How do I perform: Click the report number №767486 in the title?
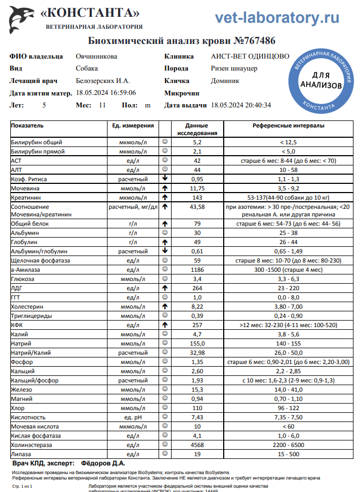255,41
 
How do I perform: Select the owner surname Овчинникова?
96,56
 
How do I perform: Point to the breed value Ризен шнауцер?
234,68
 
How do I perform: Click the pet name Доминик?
225,81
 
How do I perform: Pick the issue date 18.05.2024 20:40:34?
241,105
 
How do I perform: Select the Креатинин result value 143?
197,197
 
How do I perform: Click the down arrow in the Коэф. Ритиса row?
165,178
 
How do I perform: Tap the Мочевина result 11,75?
197,188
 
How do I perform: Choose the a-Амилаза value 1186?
197,270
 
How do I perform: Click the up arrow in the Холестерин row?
165,306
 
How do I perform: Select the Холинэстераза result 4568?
197,445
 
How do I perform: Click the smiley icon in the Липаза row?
165,453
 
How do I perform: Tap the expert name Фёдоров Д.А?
103,463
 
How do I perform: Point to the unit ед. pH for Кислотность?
132,417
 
